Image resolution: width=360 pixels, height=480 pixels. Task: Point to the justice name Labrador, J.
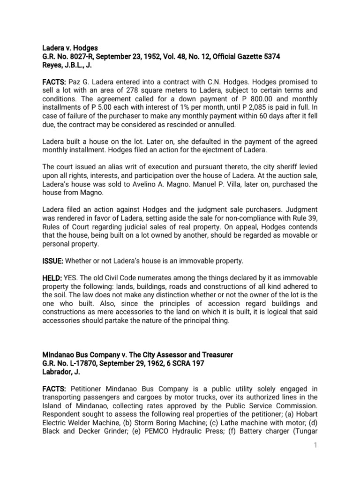tap(63, 374)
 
